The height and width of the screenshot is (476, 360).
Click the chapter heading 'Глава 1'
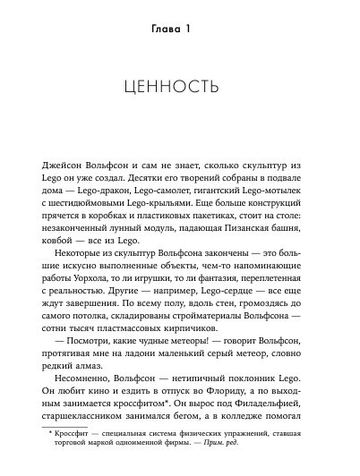tap(179, 36)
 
